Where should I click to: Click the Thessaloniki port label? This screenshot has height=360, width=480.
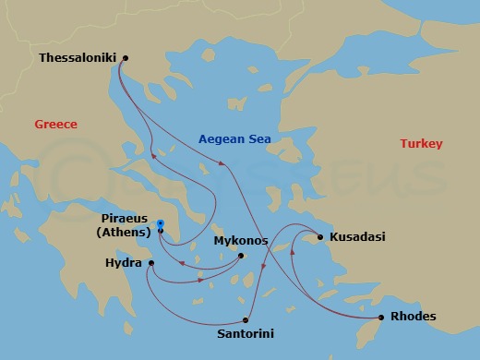78,57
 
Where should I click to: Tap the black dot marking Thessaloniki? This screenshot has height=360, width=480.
126,58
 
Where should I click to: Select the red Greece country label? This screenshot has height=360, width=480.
55,125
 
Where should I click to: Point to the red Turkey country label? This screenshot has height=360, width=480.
421,144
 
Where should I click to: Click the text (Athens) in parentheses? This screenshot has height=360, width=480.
124,233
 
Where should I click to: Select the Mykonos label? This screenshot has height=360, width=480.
241,241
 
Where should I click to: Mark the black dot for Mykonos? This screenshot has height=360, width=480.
241,256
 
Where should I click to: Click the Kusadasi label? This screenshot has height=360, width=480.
358,237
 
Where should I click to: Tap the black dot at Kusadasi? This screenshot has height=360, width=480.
320,237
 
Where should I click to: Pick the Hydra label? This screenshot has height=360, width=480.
125,263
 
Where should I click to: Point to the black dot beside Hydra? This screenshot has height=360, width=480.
150,264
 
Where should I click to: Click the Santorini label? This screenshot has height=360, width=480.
245,332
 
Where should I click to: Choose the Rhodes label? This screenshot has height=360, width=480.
414,318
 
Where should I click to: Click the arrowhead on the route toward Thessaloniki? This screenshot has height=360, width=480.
153,156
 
